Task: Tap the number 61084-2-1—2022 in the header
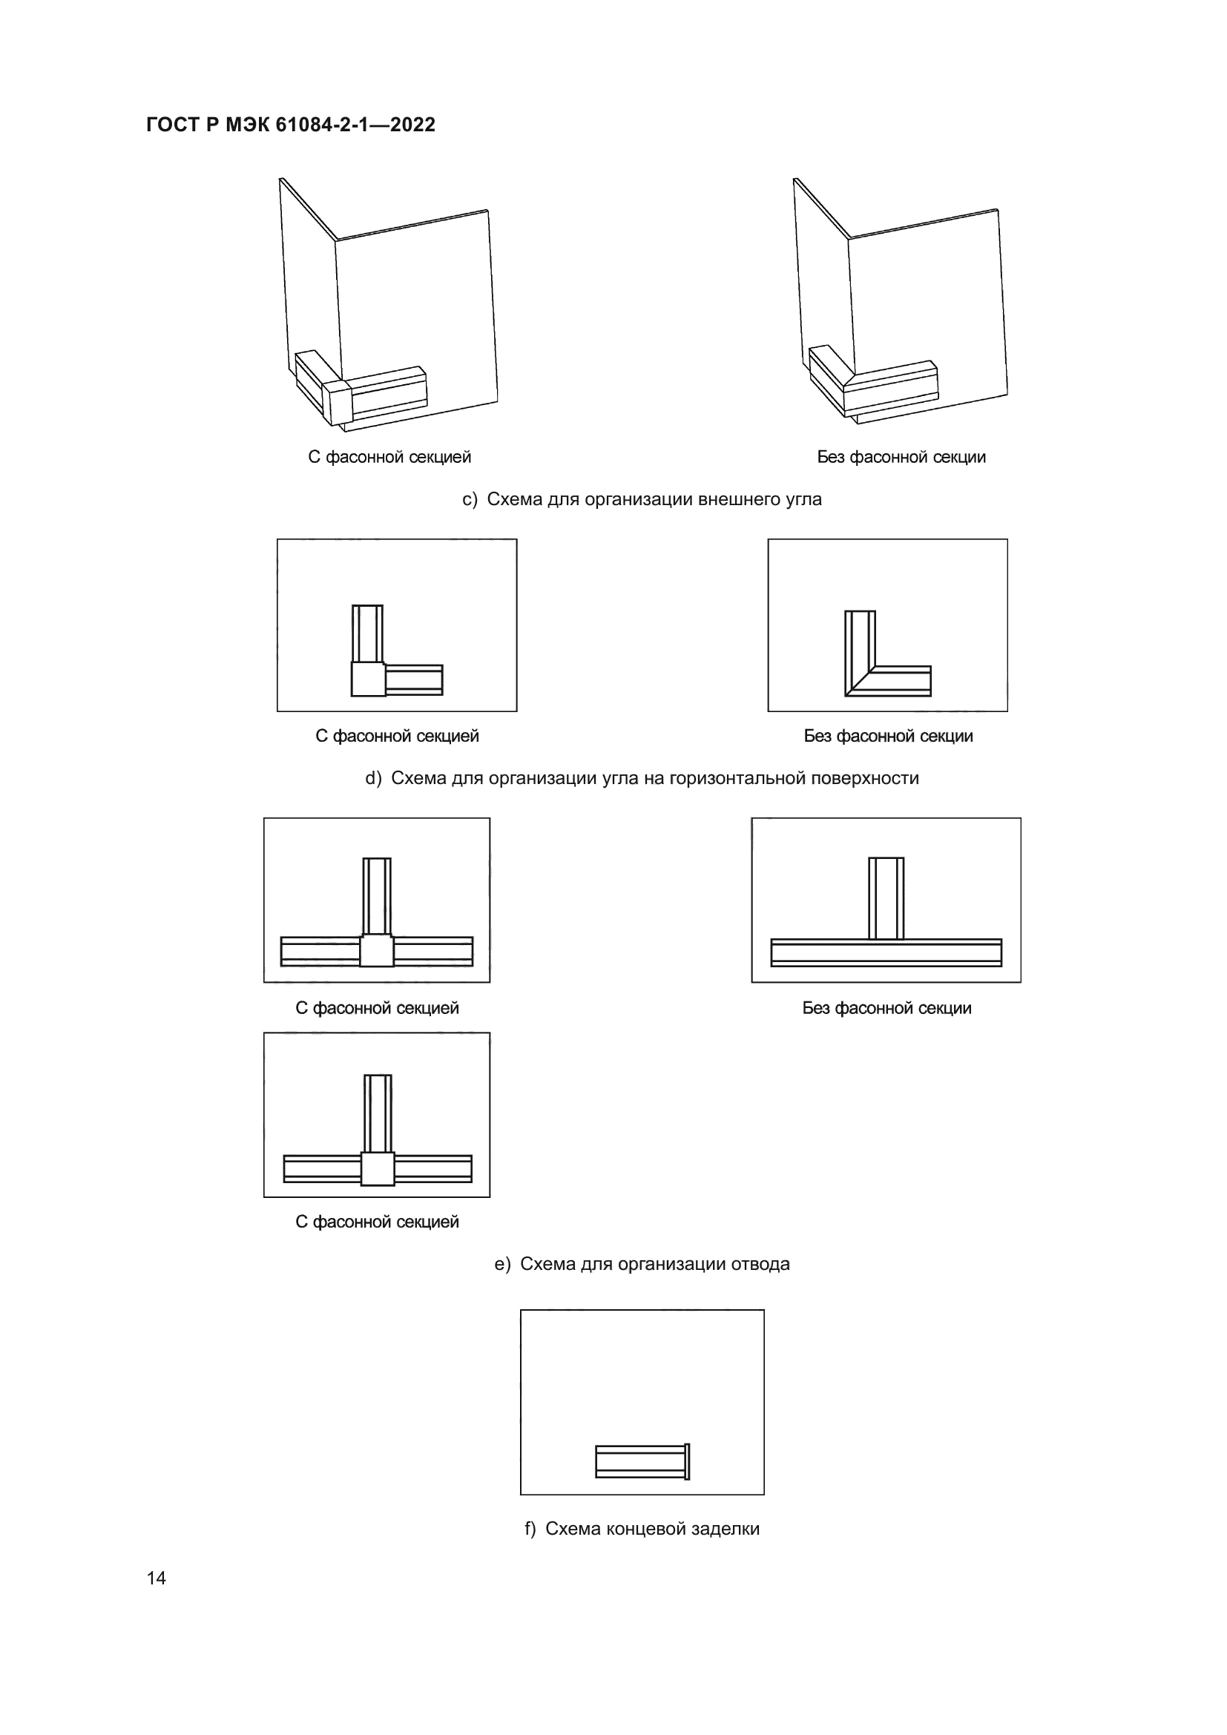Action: click(355, 125)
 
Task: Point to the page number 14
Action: click(157, 1578)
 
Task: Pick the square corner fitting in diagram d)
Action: click(369, 679)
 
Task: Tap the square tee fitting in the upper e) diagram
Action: click(376, 951)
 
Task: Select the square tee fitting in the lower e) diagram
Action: click(378, 1169)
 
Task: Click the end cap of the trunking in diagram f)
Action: click(687, 1461)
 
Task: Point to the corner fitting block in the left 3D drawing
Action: click(337, 402)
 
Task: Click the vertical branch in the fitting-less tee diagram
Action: click(886, 898)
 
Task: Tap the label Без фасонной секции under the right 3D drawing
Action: click(901, 457)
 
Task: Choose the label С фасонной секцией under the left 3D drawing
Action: click(390, 457)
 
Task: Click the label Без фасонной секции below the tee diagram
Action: click(887, 1008)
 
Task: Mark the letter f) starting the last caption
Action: click(530, 1529)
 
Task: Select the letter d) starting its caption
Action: click(373, 778)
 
